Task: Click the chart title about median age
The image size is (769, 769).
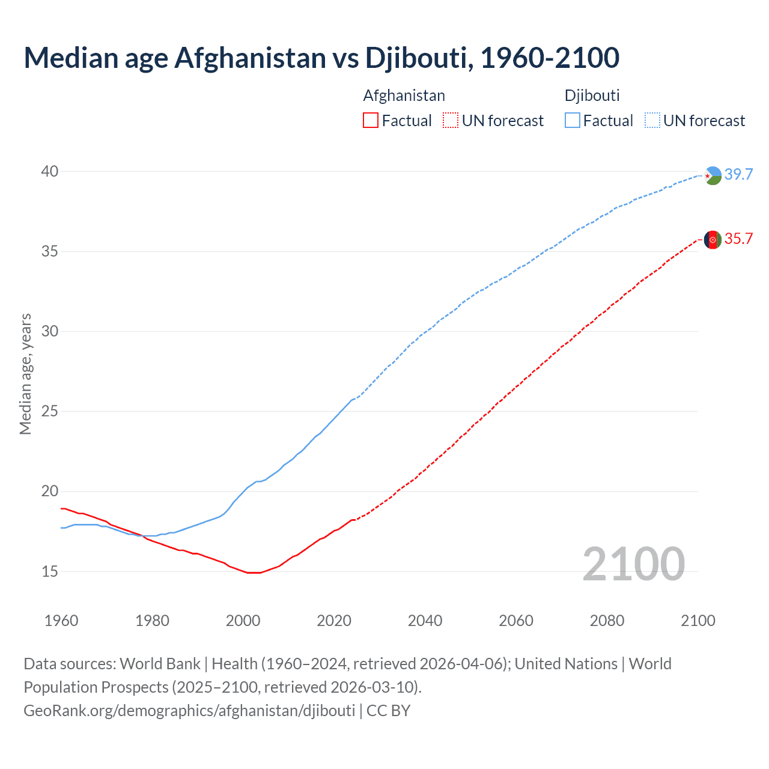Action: tap(321, 58)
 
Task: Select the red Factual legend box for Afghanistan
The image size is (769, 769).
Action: tap(371, 121)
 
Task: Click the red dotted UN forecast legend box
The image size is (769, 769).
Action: tap(451, 121)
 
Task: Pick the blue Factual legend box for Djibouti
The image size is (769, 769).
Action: tap(573, 121)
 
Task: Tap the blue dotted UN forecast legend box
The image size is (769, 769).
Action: tap(652, 121)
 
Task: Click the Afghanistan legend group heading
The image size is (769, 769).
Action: tap(404, 96)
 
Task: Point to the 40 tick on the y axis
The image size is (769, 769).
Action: tap(50, 171)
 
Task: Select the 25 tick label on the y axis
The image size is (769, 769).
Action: tap(50, 412)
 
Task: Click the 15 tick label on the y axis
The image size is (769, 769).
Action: tap(50, 571)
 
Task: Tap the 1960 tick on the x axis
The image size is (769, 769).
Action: tap(61, 621)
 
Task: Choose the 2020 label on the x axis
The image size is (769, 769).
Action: tap(334, 621)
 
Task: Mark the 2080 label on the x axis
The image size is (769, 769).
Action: tap(607, 621)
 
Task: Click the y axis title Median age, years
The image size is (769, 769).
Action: tap(25, 374)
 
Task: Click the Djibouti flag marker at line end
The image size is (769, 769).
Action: tap(713, 175)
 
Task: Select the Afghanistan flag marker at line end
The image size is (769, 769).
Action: tap(713, 240)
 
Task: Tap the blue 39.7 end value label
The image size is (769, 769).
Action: tap(738, 175)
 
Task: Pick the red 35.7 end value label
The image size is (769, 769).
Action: tap(738, 239)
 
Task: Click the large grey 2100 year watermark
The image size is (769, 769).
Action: tap(634, 564)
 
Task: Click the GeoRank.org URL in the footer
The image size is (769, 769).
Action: tap(189, 710)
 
